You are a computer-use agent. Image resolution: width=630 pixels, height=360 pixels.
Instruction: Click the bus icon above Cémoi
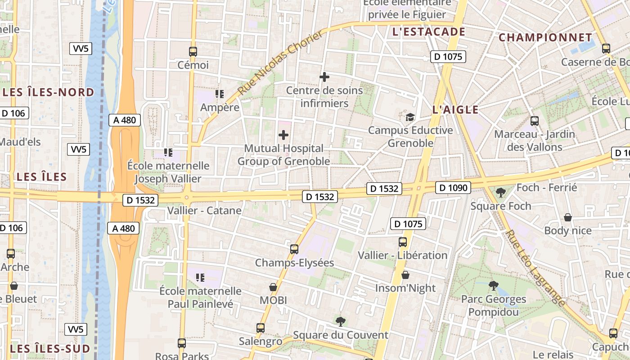(193, 51)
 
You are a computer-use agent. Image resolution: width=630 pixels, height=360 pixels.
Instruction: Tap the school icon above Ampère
(220, 94)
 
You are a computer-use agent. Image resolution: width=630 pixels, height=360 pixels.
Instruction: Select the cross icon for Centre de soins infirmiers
(324, 77)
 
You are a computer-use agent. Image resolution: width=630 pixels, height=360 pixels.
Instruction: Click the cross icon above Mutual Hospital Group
(283, 135)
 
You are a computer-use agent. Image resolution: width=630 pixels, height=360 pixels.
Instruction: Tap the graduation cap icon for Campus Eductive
(410, 117)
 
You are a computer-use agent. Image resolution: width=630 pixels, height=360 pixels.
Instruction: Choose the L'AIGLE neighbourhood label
(455, 109)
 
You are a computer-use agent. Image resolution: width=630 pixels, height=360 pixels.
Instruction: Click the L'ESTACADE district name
(428, 31)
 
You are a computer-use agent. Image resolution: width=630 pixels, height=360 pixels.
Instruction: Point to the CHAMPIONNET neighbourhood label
(545, 37)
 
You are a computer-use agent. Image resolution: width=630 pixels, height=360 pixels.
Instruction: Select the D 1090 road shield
(453, 188)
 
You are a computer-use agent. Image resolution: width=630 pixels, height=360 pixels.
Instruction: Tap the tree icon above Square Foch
(500, 193)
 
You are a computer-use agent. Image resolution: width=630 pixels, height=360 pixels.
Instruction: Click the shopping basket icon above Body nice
(568, 217)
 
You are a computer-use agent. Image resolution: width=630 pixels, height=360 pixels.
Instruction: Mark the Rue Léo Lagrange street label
(535, 268)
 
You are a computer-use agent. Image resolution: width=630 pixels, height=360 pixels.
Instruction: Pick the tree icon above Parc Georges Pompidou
(493, 285)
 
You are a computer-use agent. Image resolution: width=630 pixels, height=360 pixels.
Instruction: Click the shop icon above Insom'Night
(405, 274)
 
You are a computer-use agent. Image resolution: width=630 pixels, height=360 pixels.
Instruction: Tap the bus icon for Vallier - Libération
(403, 242)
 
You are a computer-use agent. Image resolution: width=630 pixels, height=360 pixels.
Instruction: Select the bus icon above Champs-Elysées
(294, 249)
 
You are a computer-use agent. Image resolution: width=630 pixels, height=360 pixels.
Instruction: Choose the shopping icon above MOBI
(273, 287)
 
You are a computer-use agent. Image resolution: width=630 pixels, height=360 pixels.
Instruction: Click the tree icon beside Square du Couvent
(341, 321)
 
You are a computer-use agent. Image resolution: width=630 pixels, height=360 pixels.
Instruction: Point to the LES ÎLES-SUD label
(50, 348)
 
